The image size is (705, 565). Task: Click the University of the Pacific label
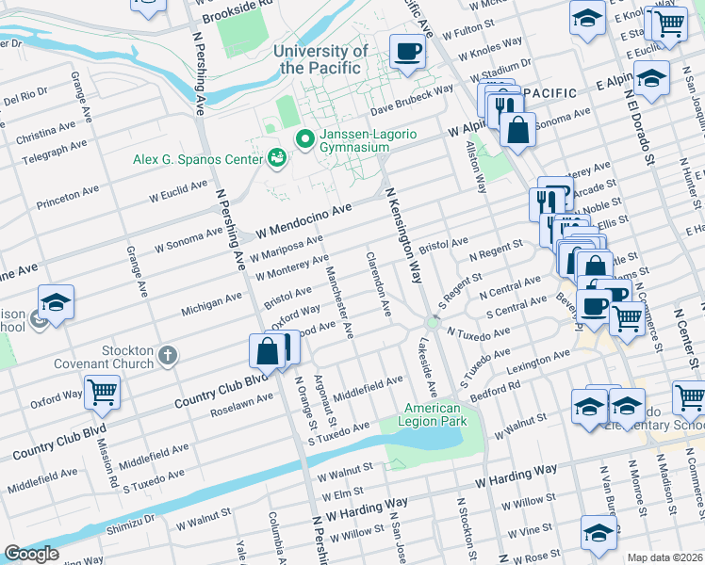320,59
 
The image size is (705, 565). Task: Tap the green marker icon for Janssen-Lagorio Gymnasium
304,139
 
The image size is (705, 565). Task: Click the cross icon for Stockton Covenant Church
168,355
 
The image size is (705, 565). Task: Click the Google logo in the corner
31,554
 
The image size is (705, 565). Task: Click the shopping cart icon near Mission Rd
102,391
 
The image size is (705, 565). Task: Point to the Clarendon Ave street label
379,283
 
